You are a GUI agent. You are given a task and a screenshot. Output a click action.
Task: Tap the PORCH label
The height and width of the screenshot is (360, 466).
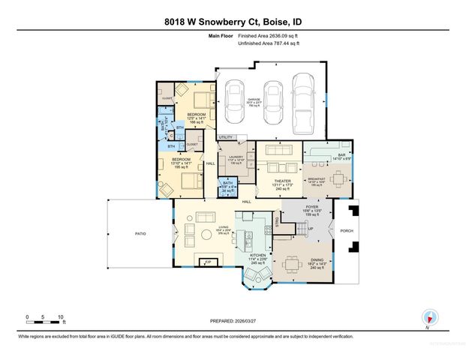point(347,231)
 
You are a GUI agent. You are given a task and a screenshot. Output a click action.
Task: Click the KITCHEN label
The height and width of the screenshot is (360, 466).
point(257,255)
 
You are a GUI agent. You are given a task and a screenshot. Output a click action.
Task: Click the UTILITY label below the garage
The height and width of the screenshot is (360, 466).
point(225,137)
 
